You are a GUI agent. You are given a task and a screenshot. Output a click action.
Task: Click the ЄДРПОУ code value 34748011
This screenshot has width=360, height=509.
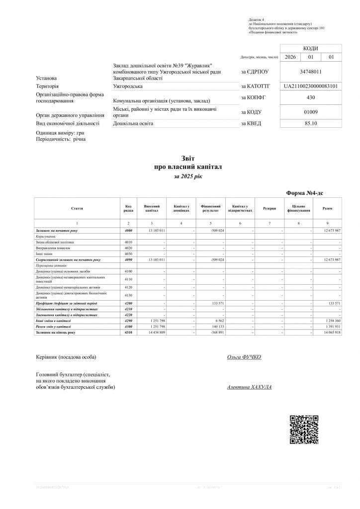pyautogui.click(x=311, y=72)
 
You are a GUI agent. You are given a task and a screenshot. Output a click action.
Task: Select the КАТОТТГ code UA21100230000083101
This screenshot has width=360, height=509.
pyautogui.click(x=311, y=86)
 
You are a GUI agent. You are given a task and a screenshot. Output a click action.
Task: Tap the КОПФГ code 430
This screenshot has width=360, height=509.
pyautogui.click(x=311, y=97)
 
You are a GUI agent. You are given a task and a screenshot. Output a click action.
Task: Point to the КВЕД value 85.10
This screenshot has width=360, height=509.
pyautogui.click(x=311, y=123)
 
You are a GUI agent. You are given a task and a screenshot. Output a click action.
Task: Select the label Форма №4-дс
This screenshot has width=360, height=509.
pyautogui.click(x=305, y=193)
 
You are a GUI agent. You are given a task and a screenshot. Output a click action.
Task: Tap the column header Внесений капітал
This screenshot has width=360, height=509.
pyautogui.click(x=152, y=208)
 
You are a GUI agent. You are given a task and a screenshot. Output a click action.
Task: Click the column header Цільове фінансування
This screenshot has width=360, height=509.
pyautogui.click(x=298, y=208)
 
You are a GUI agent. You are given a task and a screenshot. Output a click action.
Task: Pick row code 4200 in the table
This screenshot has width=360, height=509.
pyautogui.click(x=128, y=303)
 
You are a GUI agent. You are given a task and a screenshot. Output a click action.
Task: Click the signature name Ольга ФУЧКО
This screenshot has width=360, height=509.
pyautogui.click(x=244, y=357)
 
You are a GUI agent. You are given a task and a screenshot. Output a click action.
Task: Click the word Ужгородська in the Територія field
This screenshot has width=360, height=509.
pyautogui.click(x=128, y=86)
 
